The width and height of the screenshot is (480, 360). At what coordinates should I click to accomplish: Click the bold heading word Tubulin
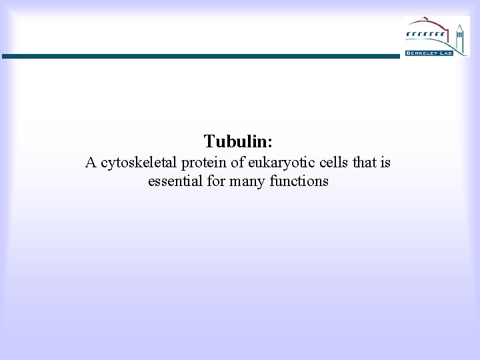point(236,141)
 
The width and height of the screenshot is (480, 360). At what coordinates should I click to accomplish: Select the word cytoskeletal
point(137,163)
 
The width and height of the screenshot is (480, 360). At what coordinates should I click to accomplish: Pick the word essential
point(175,181)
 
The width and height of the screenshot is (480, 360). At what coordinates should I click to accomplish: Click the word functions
point(299,181)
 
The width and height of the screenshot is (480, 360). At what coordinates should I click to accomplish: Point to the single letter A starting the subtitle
point(91,162)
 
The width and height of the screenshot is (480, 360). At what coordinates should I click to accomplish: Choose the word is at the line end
point(385,162)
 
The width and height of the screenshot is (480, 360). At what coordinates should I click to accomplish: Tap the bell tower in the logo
point(459,36)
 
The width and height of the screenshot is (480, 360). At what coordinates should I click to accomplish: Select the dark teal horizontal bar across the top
point(200,57)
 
